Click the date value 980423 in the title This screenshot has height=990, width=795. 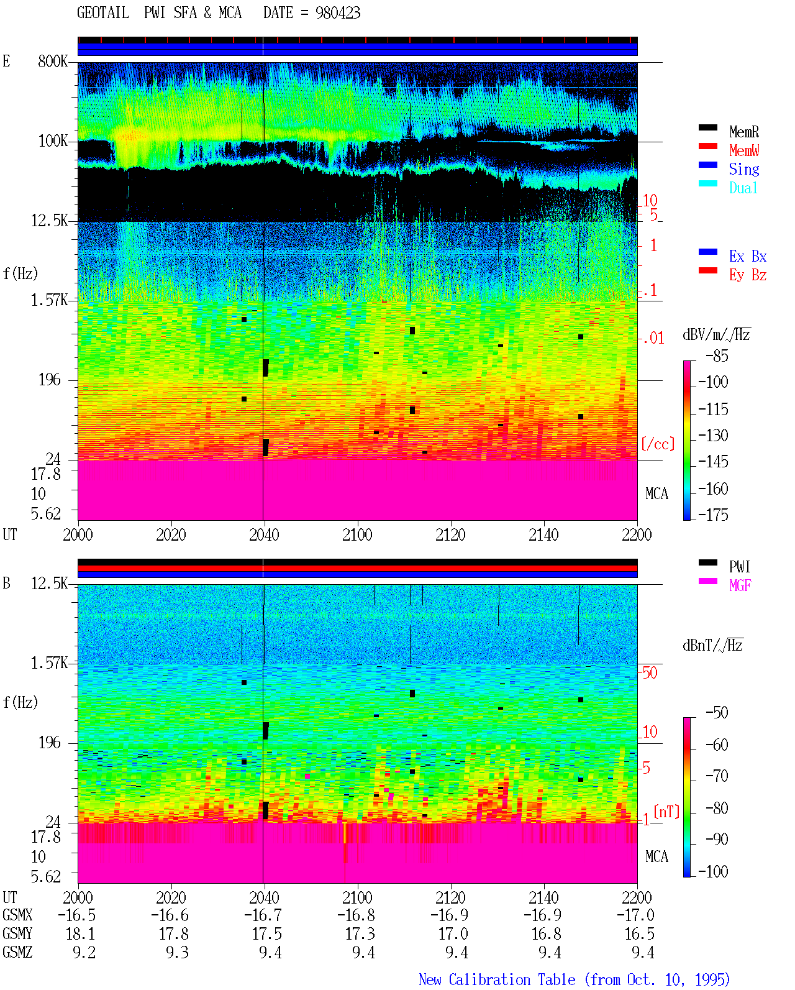point(337,13)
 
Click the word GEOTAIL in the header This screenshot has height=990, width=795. point(103,13)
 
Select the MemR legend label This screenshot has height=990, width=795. point(743,132)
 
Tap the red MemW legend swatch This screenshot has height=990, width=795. point(707,146)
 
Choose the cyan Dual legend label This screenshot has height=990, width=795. point(743,188)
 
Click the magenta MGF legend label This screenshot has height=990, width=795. point(740,585)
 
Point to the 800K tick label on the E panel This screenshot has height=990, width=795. point(52,61)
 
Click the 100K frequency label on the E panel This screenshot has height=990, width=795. point(52,141)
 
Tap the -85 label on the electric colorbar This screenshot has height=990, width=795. point(717,355)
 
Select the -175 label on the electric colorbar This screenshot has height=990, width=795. point(713,515)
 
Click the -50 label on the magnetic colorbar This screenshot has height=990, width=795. point(717,713)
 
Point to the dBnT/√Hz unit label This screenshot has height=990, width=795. point(712,645)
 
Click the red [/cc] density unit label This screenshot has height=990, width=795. point(658,444)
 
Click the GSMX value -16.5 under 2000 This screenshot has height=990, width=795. point(76,915)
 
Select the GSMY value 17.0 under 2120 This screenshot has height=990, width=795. point(453,933)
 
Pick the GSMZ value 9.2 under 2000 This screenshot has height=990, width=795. point(84,952)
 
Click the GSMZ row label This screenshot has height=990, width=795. point(17,952)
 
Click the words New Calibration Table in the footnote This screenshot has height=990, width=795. point(497,979)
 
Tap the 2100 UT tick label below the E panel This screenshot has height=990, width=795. point(357,534)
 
